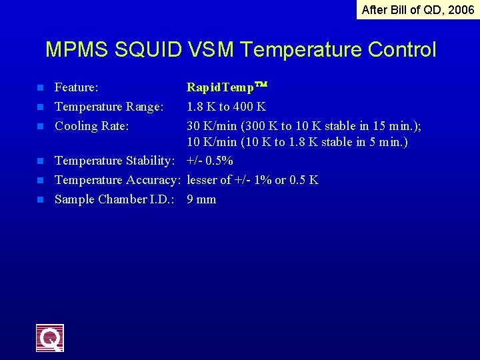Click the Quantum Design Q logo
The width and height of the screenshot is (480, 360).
(50, 337)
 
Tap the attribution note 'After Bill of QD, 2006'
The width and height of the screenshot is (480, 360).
(418, 10)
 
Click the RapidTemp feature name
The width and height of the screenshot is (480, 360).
(227, 87)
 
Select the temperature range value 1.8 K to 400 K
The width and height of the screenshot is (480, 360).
(226, 107)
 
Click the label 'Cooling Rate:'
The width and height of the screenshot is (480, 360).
(92, 126)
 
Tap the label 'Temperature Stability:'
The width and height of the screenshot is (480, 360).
(115, 161)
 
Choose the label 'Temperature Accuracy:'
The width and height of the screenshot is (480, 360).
(118, 180)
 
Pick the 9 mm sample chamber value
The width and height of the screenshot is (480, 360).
(201, 199)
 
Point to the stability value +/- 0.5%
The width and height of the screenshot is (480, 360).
(210, 161)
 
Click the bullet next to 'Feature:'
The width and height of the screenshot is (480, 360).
(40, 87)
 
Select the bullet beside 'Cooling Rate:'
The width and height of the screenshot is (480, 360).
(40, 126)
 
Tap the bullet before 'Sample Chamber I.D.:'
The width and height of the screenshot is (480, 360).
(40, 199)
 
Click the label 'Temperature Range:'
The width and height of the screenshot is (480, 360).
(109, 107)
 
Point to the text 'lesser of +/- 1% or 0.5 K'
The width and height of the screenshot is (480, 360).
(253, 180)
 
